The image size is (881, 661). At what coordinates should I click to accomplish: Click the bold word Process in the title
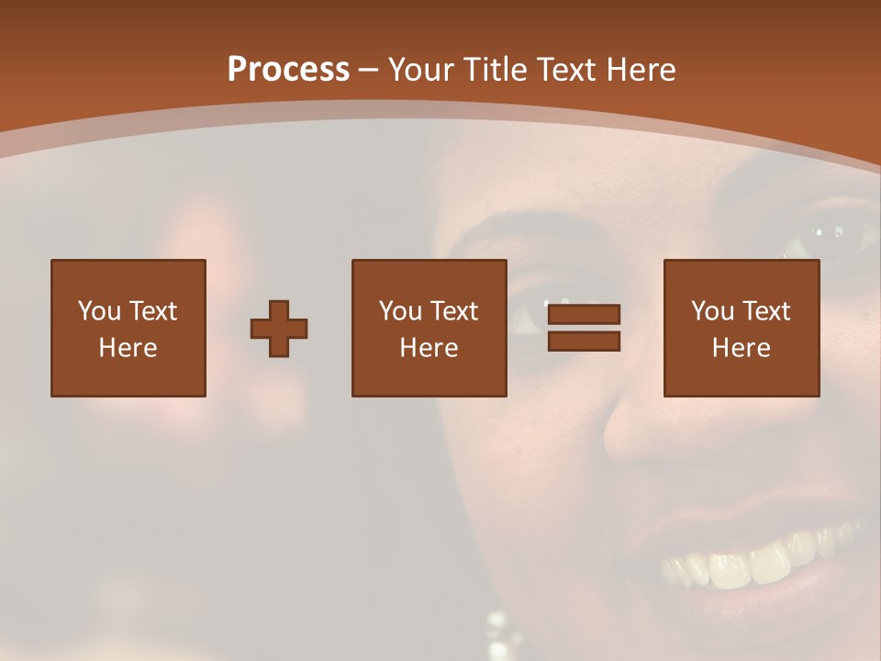tap(288, 69)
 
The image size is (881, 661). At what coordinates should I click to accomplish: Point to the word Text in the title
tap(567, 69)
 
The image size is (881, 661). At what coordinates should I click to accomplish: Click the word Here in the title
tap(641, 69)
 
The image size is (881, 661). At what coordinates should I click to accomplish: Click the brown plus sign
tap(279, 329)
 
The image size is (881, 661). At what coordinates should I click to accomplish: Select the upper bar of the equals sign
tap(584, 315)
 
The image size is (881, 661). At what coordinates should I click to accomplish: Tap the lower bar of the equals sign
tap(584, 342)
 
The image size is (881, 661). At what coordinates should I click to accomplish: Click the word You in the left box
tap(99, 311)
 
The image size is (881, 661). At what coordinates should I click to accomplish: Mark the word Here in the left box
tap(128, 348)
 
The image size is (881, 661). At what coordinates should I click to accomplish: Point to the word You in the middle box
tap(400, 311)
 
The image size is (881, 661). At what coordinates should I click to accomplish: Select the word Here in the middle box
tap(429, 348)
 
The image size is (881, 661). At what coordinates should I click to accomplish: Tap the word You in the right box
tap(712, 311)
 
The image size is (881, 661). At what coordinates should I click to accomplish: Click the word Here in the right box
tap(741, 348)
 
